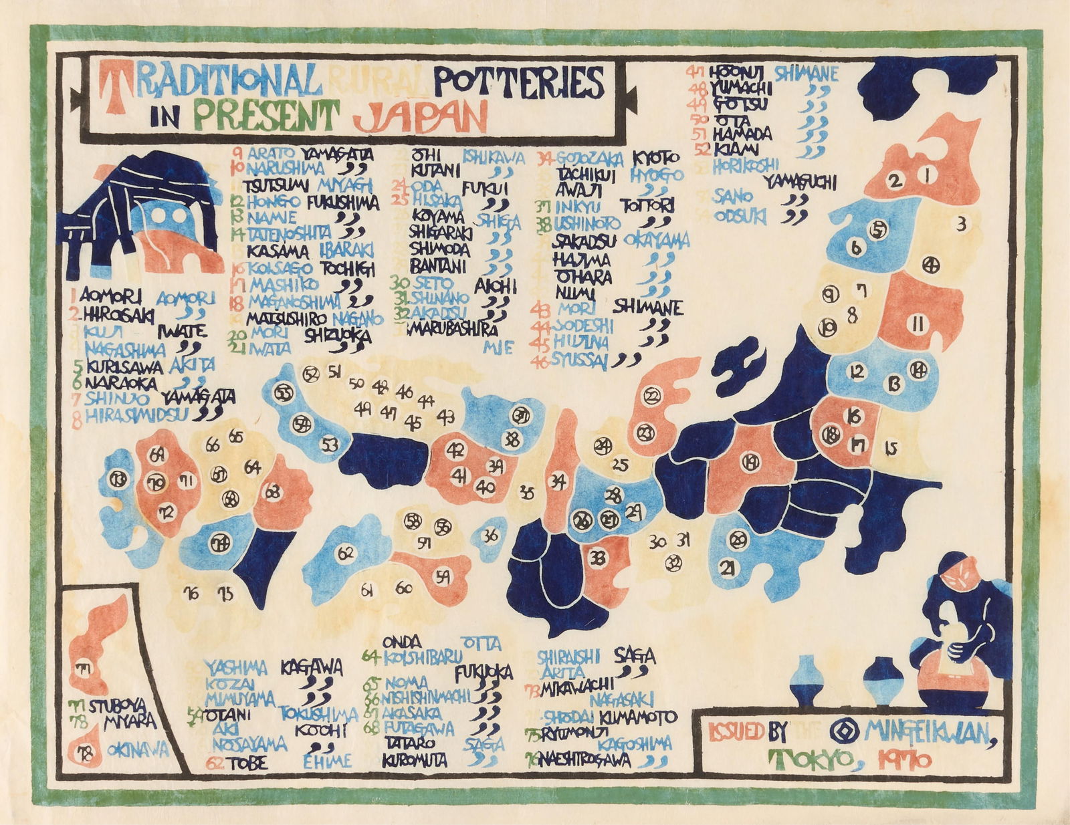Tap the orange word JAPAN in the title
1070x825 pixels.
(x=419, y=117)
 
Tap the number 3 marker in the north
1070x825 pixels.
(x=961, y=225)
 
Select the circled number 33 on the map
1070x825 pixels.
(x=599, y=557)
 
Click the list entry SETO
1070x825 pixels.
(x=420, y=283)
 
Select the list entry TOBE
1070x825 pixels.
(x=249, y=763)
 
